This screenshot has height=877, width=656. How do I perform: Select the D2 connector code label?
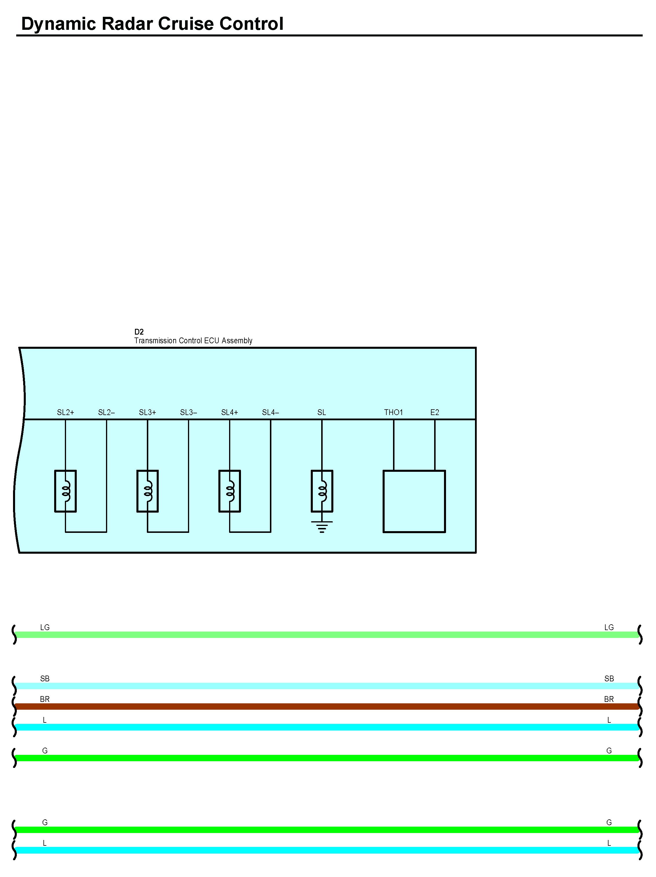(139, 332)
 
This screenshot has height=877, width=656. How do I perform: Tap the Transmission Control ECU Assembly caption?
(193, 341)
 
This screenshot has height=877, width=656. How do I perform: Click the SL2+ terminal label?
(65, 412)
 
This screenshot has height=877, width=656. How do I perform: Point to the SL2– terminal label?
(106, 412)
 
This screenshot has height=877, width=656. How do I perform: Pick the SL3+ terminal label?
(147, 412)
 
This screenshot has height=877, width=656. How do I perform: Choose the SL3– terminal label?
(188, 412)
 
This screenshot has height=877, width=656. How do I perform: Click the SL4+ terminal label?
(230, 412)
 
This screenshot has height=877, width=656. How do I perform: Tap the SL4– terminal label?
(271, 412)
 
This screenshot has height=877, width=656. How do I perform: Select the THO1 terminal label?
(393, 412)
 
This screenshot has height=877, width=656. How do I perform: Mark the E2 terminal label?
(435, 412)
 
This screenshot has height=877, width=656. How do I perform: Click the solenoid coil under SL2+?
(65, 491)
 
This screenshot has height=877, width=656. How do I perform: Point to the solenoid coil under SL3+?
(147, 491)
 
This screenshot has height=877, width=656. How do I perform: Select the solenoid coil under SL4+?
(230, 491)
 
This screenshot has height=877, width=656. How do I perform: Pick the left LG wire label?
(45, 627)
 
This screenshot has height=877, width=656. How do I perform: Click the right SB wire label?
(609, 679)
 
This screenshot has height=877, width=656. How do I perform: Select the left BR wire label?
(45, 699)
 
